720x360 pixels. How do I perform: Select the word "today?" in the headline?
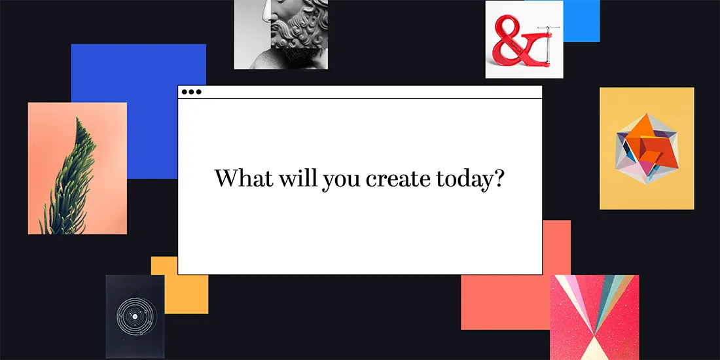click(x=467, y=179)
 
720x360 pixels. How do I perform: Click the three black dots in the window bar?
click(x=191, y=92)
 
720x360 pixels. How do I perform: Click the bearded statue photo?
click(x=281, y=34)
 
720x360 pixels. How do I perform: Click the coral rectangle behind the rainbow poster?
click(x=504, y=301)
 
